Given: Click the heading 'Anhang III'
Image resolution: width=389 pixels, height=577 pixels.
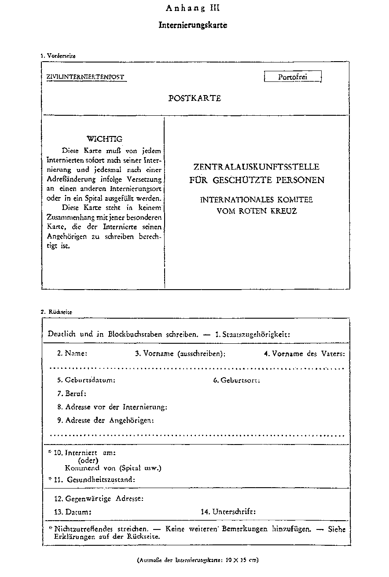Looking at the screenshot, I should (x=193, y=8).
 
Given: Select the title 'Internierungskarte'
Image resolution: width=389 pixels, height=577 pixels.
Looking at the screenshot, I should (x=193, y=25).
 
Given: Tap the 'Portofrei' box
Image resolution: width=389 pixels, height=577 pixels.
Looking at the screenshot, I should (x=293, y=77).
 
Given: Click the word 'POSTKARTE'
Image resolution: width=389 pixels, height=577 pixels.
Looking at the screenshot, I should (x=194, y=98).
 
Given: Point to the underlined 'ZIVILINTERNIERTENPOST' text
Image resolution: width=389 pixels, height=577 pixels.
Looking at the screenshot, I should (x=86, y=77).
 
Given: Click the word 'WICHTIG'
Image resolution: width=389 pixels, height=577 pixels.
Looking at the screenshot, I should (x=104, y=139).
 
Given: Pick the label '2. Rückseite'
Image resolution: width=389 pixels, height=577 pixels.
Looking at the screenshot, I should (x=56, y=312).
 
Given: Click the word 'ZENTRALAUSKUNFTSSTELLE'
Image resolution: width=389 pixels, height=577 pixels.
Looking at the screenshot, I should (x=256, y=167).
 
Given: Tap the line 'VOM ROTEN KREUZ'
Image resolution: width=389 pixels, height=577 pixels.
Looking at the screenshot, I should (x=257, y=211).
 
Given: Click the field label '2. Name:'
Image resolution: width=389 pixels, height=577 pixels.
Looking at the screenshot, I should (x=72, y=353).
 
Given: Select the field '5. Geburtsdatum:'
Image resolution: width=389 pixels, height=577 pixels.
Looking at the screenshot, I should (x=86, y=380).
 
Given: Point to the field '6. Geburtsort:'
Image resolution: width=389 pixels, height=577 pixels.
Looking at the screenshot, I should (x=236, y=380).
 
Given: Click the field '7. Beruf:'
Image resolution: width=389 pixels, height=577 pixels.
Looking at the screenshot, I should (x=71, y=393).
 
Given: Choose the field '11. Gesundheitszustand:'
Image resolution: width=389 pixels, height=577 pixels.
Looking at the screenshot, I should (x=94, y=480).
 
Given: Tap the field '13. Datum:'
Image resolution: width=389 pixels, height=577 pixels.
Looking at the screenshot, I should (x=73, y=512).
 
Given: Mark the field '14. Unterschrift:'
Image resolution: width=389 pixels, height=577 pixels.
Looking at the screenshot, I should (x=228, y=512).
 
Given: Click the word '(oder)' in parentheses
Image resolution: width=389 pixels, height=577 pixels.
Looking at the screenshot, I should (x=88, y=460).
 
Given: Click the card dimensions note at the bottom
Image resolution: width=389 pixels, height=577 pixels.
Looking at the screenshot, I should (x=198, y=560).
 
